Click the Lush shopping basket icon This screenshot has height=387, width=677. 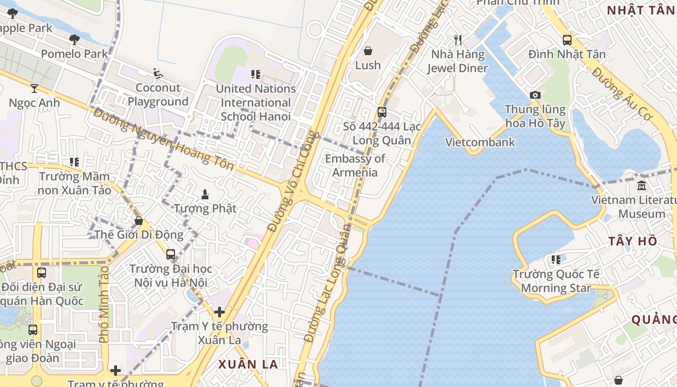point(368,51)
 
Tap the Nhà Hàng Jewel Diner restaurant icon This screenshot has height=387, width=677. point(458,40)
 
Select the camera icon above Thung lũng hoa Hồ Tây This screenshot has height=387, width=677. point(535,95)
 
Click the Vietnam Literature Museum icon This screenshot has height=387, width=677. point(642,185)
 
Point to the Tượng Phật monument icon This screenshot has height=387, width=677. point(205,194)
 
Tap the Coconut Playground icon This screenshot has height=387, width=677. point(158,74)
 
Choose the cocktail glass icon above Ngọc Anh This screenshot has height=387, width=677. point(34,88)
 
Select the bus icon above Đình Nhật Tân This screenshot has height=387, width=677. point(567,40)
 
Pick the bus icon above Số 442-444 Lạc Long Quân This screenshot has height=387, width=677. point(382,112)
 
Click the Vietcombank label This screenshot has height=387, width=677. point(480,142)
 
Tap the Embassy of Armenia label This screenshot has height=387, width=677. point(355,165)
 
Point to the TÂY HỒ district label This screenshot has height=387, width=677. point(633,241)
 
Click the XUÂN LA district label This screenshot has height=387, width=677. point(248,364)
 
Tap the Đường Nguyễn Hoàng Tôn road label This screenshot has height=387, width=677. point(163,139)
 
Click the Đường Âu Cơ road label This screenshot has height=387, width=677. point(622,95)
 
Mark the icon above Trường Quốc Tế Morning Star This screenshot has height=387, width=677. point(556,260)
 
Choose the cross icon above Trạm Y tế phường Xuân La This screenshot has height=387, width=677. point(220,312)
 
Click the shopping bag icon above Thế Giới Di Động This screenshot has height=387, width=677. point(139,221)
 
